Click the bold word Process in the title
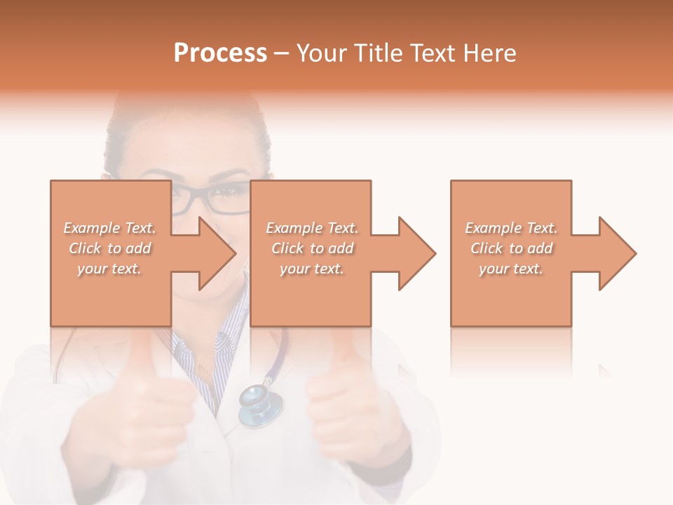[220, 53]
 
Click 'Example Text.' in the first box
[109, 228]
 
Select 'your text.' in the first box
[109, 269]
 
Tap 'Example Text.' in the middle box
[312, 228]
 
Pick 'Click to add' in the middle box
[312, 248]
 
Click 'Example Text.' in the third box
[511, 228]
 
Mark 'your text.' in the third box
[511, 269]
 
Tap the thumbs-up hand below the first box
[133, 414]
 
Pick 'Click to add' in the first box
[109, 248]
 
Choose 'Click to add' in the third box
[511, 248]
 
